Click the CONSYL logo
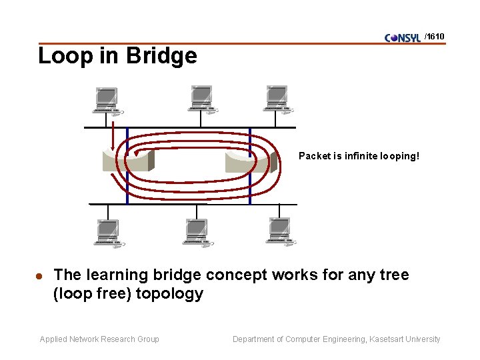pyautogui.click(x=403, y=37)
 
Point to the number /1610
pyautogui.click(x=434, y=36)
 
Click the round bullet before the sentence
pyautogui.click(x=39, y=276)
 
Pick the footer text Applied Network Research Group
pyautogui.click(x=99, y=339)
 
